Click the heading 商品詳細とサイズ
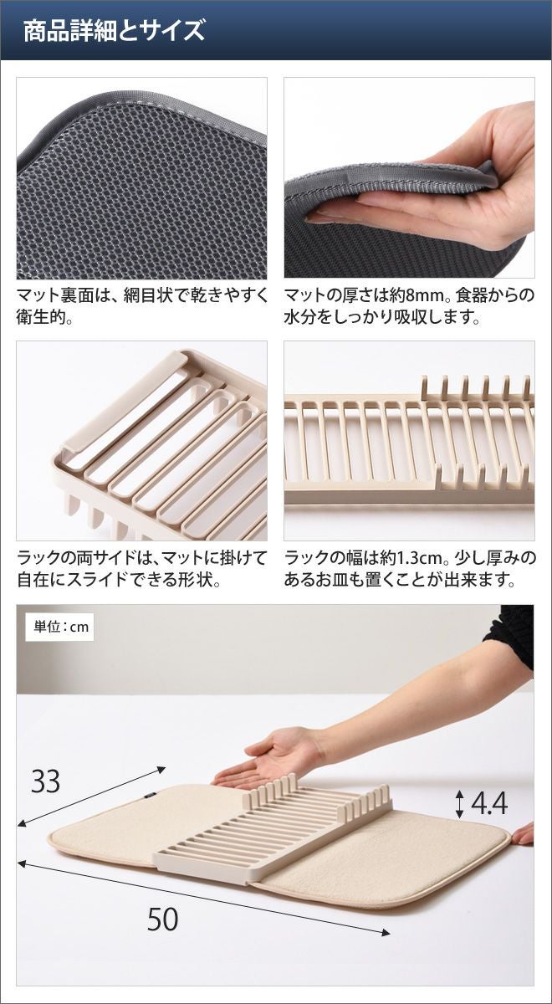click(x=114, y=30)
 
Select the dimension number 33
click(x=46, y=781)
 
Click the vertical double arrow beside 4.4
click(x=460, y=803)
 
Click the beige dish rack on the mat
click(x=273, y=825)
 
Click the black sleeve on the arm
click(x=511, y=637)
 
